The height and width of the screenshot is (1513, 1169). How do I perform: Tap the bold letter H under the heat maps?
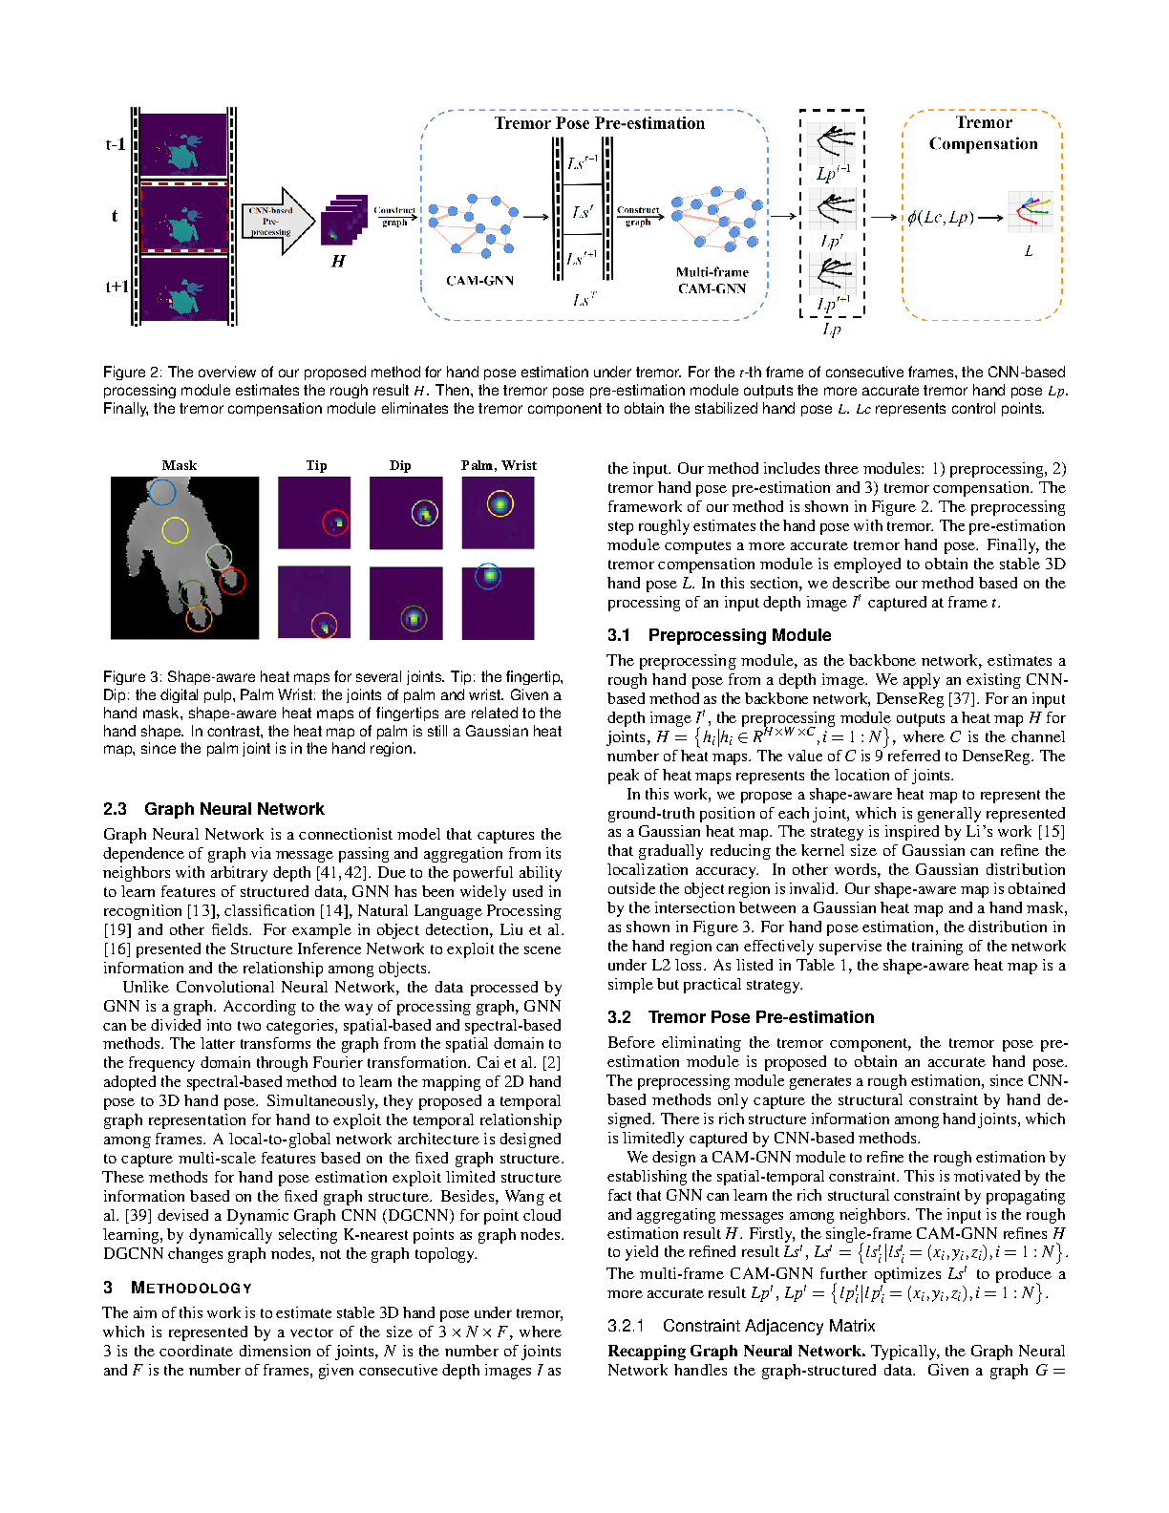click(x=338, y=261)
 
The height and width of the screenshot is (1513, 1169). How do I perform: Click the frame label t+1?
click(x=117, y=287)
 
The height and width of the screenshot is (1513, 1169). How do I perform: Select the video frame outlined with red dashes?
click(x=184, y=218)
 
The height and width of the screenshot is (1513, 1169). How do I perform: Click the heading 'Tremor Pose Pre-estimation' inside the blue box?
click(x=599, y=123)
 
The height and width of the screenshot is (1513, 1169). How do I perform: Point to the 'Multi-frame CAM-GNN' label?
click(x=712, y=280)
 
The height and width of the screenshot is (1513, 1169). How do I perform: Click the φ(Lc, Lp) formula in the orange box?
click(x=941, y=217)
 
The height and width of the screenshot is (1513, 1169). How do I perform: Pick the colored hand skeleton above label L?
click(x=1030, y=213)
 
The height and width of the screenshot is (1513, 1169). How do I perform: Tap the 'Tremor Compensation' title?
click(x=983, y=133)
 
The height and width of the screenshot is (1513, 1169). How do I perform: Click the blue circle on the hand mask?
click(x=162, y=493)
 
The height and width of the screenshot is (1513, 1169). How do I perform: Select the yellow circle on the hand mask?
click(x=175, y=530)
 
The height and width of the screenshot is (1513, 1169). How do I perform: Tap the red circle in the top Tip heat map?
click(x=335, y=522)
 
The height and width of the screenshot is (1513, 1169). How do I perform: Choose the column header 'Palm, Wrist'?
click(x=499, y=465)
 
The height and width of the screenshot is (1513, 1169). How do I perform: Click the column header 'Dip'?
click(x=400, y=465)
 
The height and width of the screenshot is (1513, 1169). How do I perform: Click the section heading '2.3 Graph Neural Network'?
click(x=214, y=809)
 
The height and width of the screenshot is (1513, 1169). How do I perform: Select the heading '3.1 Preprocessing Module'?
click(x=719, y=635)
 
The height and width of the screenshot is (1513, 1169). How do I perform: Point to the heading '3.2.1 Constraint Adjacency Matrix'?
click(x=741, y=1326)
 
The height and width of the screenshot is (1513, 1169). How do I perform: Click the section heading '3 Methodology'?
click(x=178, y=1288)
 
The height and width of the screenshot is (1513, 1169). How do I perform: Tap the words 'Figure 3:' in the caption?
click(x=133, y=676)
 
